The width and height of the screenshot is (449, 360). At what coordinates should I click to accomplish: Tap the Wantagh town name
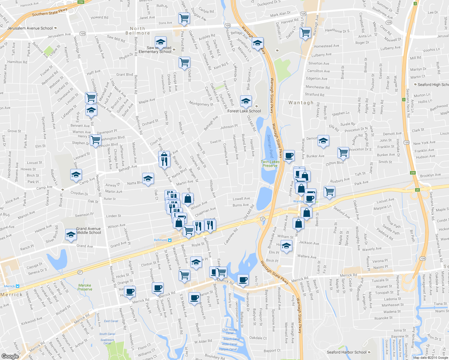click(x=301, y=103)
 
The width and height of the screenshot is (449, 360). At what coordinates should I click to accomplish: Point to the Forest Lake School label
click(x=244, y=111)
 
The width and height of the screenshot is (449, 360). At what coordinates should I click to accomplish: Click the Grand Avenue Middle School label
click(x=89, y=230)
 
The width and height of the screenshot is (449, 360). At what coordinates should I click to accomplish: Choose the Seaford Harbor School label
click(x=346, y=352)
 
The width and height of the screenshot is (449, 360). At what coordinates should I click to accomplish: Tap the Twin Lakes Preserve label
click(x=270, y=163)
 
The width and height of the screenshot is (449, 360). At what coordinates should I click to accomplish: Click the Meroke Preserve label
click(x=85, y=287)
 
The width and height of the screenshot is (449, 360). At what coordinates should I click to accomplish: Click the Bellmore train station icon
click(x=170, y=240)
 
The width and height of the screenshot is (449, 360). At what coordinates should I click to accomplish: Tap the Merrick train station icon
click(x=17, y=286)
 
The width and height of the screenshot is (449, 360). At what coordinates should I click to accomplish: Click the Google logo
click(x=10, y=356)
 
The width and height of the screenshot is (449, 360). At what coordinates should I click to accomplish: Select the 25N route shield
click(x=81, y=2)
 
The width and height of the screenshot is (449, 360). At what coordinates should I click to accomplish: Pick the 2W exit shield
click(x=413, y=173)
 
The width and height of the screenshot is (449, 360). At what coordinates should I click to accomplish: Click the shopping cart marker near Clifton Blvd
click(x=343, y=152)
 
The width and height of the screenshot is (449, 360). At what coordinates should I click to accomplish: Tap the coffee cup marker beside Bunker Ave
click(x=289, y=156)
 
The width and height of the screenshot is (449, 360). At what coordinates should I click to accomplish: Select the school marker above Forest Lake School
click(x=246, y=101)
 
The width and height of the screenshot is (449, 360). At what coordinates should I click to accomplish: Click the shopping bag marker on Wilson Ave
click(x=188, y=198)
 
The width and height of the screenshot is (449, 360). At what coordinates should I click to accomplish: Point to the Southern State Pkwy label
click(x=50, y=13)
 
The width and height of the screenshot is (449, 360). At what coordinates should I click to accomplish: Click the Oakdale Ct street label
click(x=258, y=338)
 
